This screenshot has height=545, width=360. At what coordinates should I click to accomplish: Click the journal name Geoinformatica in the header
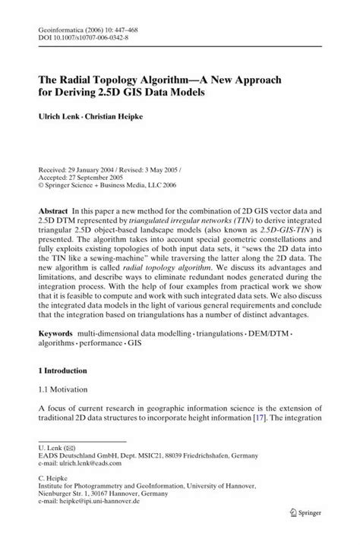[56, 24]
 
